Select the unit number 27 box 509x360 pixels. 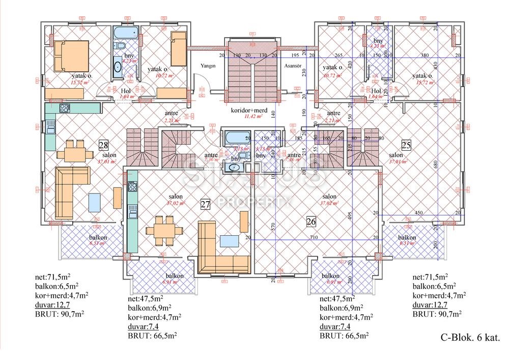point(205,205)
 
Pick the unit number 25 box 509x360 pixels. point(406,145)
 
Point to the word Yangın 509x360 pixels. point(208,66)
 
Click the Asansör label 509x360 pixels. point(293,66)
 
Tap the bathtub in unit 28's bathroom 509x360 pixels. point(125,34)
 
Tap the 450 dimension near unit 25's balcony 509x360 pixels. point(418,213)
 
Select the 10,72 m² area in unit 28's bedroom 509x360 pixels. point(159,75)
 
